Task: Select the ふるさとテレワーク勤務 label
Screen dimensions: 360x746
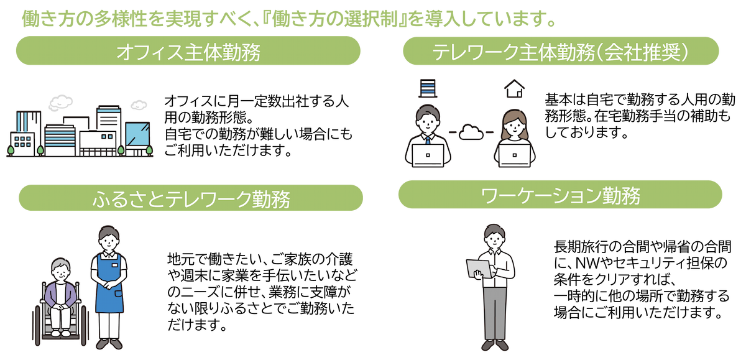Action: (191, 199)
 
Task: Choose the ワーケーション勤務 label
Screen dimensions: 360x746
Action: (560, 195)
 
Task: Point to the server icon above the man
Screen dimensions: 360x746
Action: (427, 88)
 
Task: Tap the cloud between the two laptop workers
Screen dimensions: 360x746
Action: (472, 132)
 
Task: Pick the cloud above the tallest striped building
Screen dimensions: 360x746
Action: (60, 101)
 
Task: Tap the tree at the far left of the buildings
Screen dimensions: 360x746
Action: (11, 149)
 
